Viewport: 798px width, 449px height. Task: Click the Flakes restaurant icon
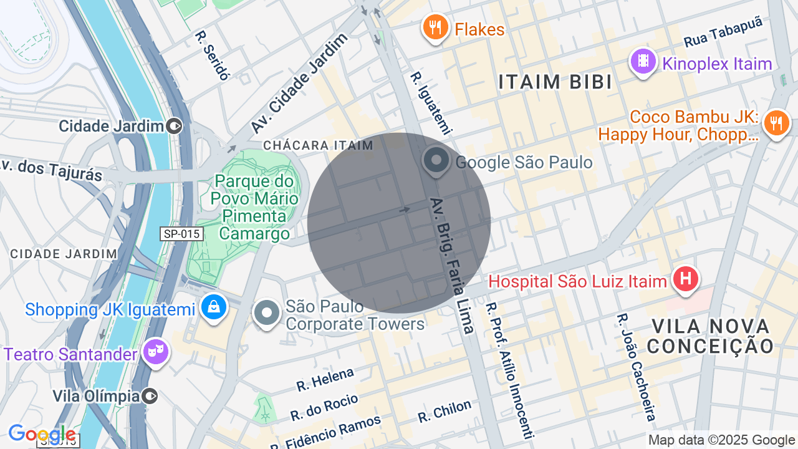pyautogui.click(x=435, y=28)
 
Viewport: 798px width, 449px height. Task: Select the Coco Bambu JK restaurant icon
pyautogui.click(x=776, y=122)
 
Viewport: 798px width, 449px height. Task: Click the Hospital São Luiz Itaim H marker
pyautogui.click(x=686, y=279)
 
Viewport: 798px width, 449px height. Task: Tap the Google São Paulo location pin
pyautogui.click(x=436, y=160)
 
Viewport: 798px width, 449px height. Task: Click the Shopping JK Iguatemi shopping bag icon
pyautogui.click(x=214, y=307)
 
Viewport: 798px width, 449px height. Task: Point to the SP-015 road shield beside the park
pyautogui.click(x=181, y=234)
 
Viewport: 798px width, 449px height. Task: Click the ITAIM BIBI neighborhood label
pyautogui.click(x=554, y=82)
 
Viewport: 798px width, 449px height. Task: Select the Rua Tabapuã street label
pyautogui.click(x=723, y=32)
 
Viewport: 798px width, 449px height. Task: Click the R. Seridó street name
pyautogui.click(x=213, y=55)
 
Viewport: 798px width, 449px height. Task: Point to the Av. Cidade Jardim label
pyautogui.click(x=299, y=83)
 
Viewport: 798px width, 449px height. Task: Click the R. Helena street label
pyautogui.click(x=325, y=379)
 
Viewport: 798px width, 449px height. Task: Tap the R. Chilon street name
pyautogui.click(x=445, y=412)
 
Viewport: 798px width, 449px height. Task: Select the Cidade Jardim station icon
pyautogui.click(x=175, y=126)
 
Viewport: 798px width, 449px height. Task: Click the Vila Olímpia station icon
pyautogui.click(x=150, y=395)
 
